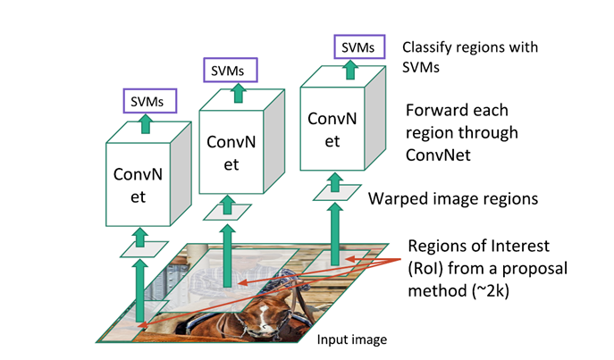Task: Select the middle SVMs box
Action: pyautogui.click(x=231, y=68)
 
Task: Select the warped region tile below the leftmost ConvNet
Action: pyautogui.click(x=139, y=247)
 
